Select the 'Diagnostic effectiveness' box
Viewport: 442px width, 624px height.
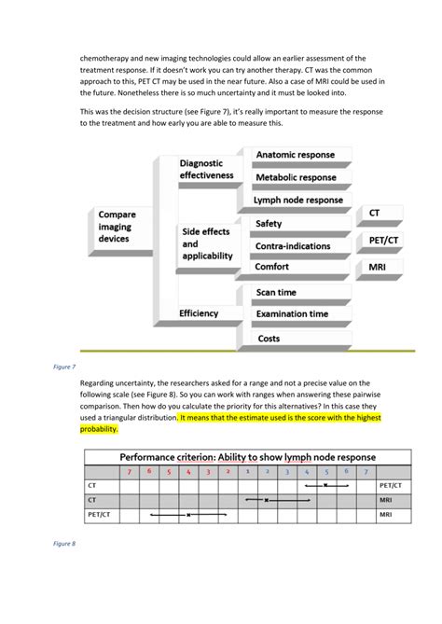206,169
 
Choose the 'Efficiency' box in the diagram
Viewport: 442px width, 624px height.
199,314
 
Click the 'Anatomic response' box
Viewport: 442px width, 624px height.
296,155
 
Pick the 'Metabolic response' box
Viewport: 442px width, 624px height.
296,177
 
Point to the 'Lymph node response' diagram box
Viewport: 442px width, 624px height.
298,200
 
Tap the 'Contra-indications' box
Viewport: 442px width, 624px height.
292,246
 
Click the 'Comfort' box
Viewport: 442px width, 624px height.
272,268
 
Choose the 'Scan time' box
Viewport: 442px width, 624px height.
276,293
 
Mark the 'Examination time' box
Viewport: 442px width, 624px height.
292,315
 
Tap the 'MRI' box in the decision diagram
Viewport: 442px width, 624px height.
378,268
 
